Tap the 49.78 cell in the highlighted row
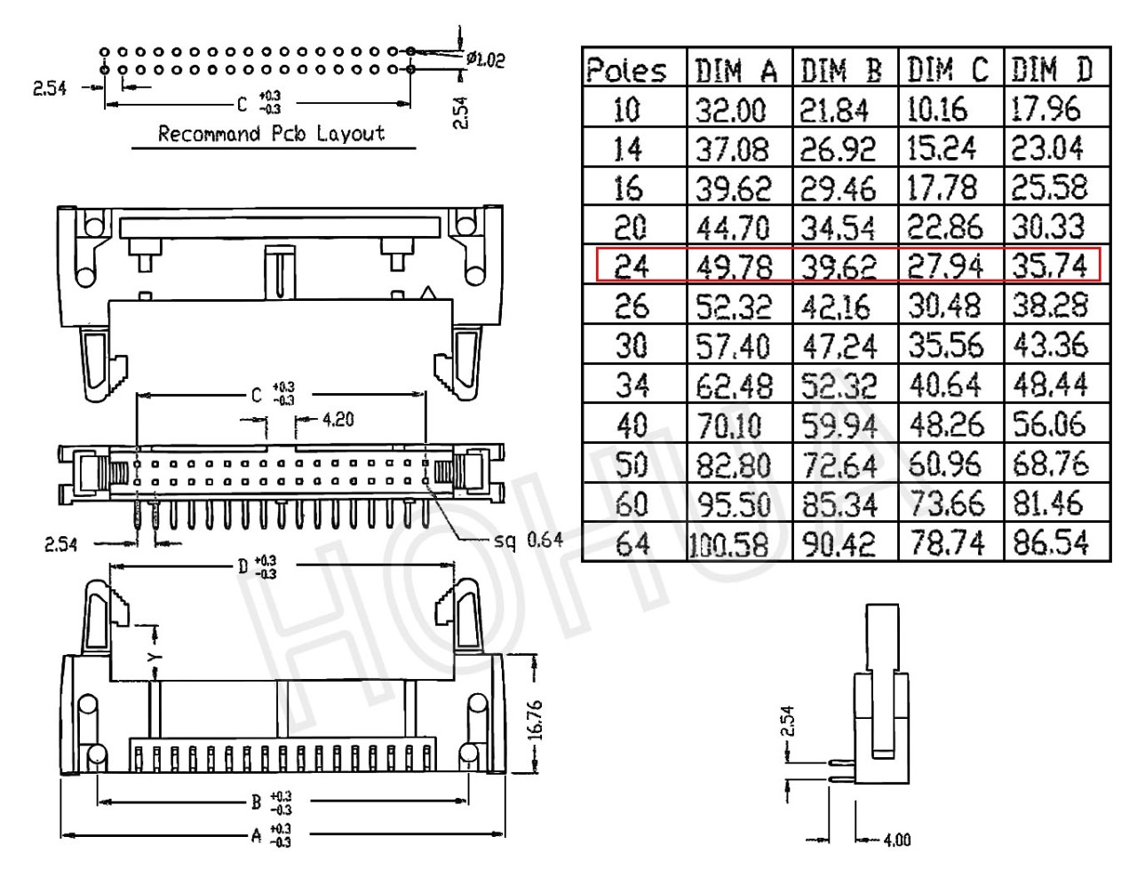click(734, 267)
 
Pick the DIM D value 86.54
click(1051, 542)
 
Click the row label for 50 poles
click(631, 463)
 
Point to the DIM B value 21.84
click(834, 110)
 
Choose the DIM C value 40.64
click(944, 385)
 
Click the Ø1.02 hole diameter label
click(486, 59)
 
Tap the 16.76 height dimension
click(536, 721)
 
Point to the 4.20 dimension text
click(338, 419)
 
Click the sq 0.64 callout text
click(529, 540)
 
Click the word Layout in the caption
click(351, 134)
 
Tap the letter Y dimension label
click(154, 657)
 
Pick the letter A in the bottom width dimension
click(256, 836)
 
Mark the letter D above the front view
click(243, 566)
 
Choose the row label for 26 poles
click(631, 306)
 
